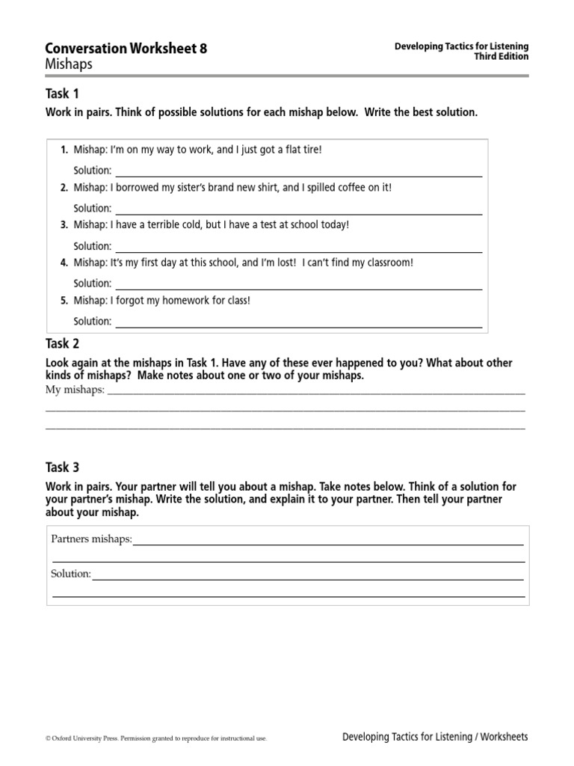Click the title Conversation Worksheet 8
pyautogui.click(x=126, y=49)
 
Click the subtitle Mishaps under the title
pyautogui.click(x=70, y=64)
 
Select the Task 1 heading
pyautogui.click(x=63, y=94)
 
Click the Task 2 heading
pyautogui.click(x=63, y=344)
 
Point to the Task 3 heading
pyautogui.click(x=63, y=468)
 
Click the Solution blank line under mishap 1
pyautogui.click(x=298, y=175)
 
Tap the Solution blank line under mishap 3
pyautogui.click(x=298, y=251)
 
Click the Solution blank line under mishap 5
pyautogui.click(x=298, y=326)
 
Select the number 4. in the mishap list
pyautogui.click(x=64, y=263)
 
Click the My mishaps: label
pyautogui.click(x=75, y=390)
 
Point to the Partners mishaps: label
pyautogui.click(x=91, y=539)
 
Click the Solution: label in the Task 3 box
pyautogui.click(x=71, y=574)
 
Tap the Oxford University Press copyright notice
pyautogui.click(x=155, y=738)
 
